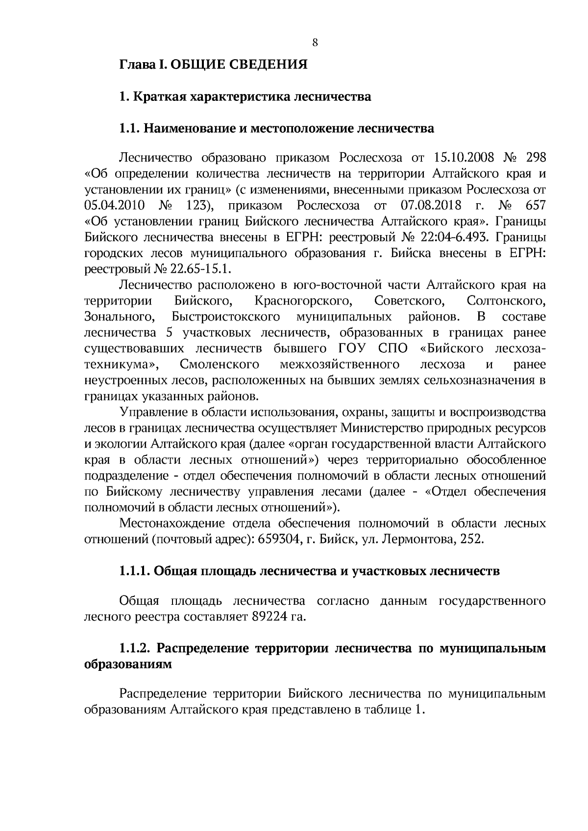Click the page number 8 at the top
click(x=315, y=43)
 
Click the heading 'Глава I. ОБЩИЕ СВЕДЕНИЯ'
click(x=214, y=64)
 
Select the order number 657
click(x=535, y=205)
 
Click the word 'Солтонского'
click(x=507, y=300)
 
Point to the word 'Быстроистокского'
click(x=226, y=316)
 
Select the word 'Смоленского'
click(x=220, y=364)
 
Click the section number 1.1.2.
click(x=135, y=648)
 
